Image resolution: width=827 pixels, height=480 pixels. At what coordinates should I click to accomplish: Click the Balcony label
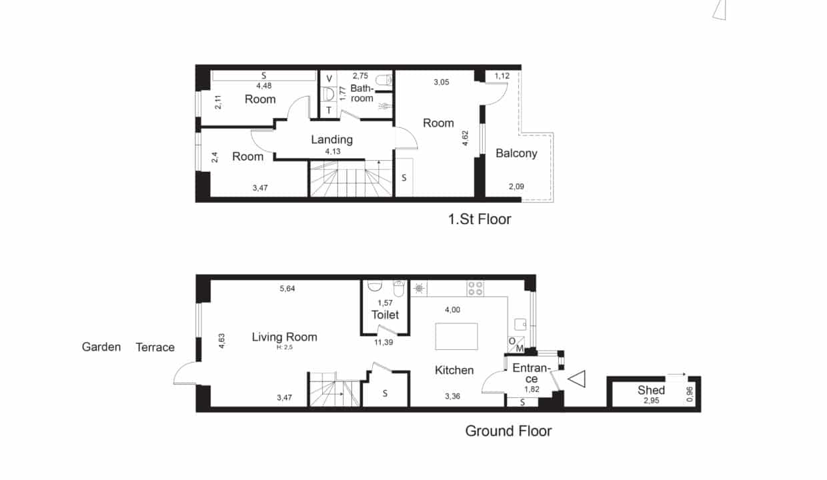(516, 153)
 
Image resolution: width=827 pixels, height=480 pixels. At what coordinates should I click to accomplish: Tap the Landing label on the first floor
(331, 139)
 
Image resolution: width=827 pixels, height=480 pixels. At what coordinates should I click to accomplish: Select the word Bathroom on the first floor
(361, 93)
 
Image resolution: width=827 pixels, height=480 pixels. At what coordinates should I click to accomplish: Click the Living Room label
(284, 337)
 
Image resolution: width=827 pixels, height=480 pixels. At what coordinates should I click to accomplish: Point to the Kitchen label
(454, 370)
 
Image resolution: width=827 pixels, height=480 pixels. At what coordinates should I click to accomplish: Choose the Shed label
(651, 390)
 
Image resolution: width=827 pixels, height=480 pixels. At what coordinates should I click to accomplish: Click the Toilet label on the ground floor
(385, 315)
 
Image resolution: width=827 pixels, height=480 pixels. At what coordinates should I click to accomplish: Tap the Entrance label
(532, 373)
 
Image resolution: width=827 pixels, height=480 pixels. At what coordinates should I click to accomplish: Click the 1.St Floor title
(480, 219)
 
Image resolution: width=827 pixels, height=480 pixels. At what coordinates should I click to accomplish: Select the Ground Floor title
(508, 431)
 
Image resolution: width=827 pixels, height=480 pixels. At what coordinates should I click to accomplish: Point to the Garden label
(101, 347)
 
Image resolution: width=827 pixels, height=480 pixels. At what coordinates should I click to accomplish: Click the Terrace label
(155, 347)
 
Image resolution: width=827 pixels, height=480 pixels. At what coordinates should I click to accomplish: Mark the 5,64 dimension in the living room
(287, 289)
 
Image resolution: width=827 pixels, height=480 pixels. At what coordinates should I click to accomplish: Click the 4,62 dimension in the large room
(466, 138)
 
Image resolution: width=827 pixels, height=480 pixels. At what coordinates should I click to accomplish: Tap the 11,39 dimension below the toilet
(383, 343)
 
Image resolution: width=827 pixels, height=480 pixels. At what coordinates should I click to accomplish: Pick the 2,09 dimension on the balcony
(516, 186)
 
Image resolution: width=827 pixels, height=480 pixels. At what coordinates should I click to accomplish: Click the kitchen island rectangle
(456, 337)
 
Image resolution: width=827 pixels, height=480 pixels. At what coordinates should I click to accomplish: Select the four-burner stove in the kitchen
(475, 289)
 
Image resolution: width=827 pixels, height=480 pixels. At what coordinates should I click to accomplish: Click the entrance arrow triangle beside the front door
(577, 379)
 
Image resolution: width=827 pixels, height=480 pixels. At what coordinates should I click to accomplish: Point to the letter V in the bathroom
(329, 79)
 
